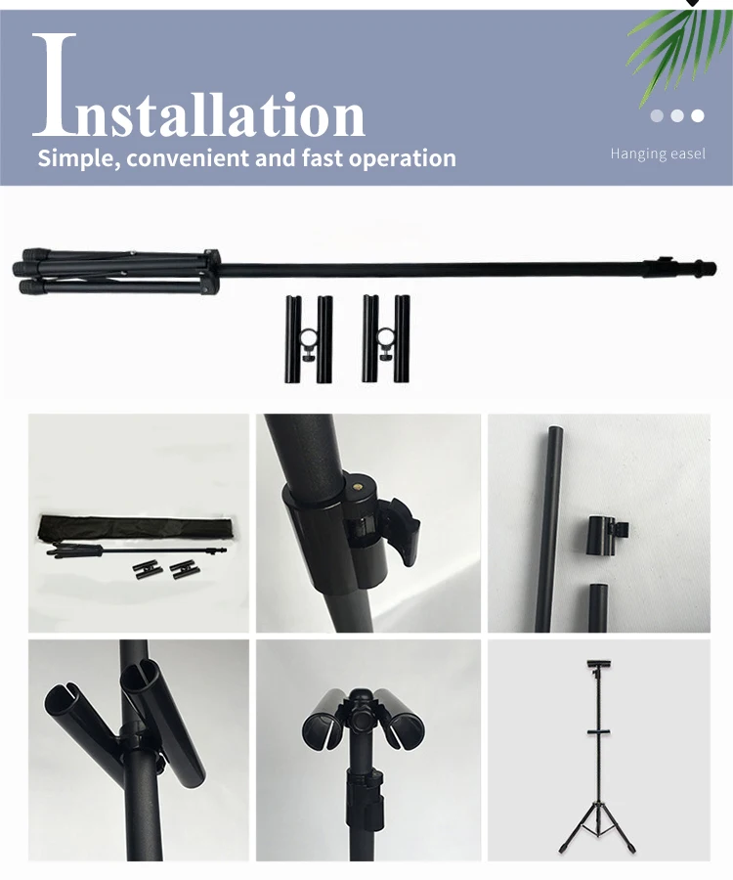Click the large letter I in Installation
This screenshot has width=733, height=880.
coord(55,85)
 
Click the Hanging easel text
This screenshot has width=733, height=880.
coord(658,154)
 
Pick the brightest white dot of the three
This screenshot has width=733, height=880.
coord(698,115)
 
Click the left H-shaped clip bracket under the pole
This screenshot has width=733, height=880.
coord(309,339)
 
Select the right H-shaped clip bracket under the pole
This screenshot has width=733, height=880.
coord(386,338)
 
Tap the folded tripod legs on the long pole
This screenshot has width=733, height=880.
coord(116,272)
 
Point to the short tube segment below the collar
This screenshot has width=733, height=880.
coord(598,607)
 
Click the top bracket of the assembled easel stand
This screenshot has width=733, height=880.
coord(599,665)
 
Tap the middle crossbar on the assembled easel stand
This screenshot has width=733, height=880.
coord(598,731)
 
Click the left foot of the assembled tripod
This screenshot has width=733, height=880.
coord(564,848)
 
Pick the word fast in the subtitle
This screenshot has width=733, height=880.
coord(323,158)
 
